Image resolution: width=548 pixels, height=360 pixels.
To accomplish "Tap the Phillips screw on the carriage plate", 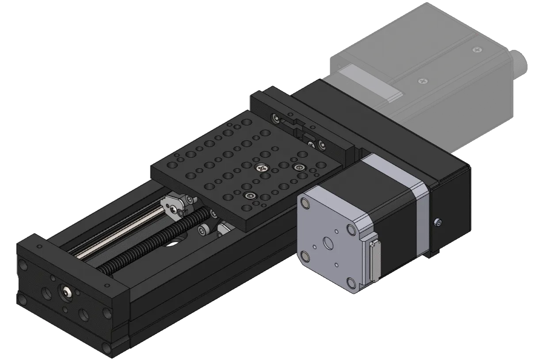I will pyautogui.click(x=263, y=167).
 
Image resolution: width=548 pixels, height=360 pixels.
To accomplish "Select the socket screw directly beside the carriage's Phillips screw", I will pyautogui.click(x=299, y=167).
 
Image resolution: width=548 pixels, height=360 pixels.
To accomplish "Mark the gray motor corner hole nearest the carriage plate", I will pyautogui.click(x=304, y=203).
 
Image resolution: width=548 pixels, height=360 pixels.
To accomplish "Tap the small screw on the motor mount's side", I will pyautogui.click(x=438, y=222).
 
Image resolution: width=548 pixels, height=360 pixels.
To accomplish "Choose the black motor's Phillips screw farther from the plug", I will pyautogui.click(x=423, y=81).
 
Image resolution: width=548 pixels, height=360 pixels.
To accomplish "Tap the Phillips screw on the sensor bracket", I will pyautogui.click(x=312, y=144).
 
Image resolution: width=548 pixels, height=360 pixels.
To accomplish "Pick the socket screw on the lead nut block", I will pyautogui.click(x=203, y=230).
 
